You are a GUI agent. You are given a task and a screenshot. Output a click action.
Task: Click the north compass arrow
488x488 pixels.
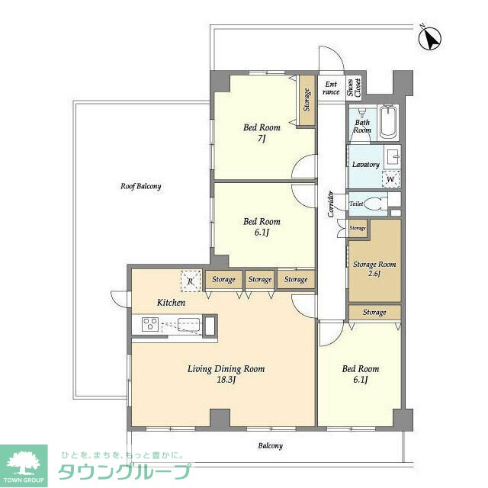tap(430, 39)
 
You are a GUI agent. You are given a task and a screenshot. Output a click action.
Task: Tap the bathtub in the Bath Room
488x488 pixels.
tap(388, 121)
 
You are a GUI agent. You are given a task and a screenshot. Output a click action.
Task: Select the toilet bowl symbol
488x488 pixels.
tap(373, 204)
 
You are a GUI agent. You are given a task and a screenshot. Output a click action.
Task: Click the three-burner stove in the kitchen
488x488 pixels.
tap(150, 324)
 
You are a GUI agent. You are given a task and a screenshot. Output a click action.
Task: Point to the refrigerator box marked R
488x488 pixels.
tap(191, 281)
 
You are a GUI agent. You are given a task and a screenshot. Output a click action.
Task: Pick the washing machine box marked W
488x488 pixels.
tap(391, 179)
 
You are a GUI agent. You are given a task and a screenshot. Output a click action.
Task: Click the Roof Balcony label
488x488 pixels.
tap(141, 186)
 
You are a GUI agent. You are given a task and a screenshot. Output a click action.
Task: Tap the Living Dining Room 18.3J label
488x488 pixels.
tap(226, 374)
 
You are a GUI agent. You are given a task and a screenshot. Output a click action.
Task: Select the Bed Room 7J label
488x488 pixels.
tap(262, 133)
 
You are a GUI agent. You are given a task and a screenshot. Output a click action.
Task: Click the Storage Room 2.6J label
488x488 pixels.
tap(374, 269)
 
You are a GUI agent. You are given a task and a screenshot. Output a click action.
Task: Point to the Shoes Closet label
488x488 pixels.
tap(354, 87)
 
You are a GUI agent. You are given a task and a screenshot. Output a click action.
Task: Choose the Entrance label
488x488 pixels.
tap(331, 88)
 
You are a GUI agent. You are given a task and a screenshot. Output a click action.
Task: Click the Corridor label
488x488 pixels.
tap(331, 204)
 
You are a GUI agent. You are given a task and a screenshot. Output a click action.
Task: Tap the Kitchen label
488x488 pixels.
tap(171, 303)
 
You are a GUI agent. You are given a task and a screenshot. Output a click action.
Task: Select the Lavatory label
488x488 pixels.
tap(366, 165)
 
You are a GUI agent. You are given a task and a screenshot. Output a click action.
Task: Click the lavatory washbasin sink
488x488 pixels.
tap(393, 157)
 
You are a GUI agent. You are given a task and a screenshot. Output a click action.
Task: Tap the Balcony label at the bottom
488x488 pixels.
tap(270, 446)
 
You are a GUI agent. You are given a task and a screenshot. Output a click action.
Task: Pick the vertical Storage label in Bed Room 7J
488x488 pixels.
tap(307, 100)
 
